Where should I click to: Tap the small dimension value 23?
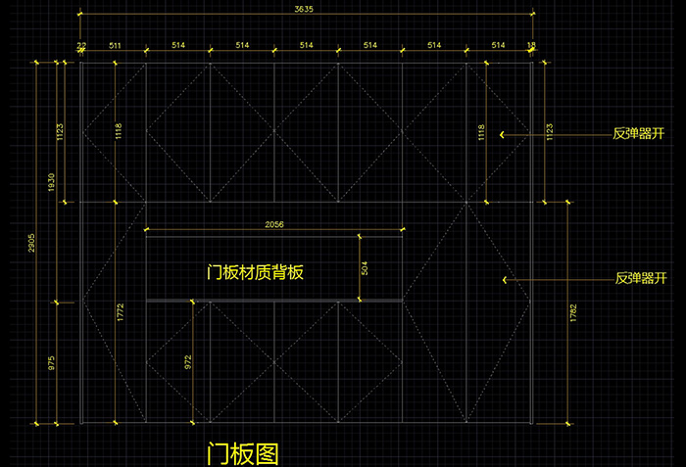click(81, 45)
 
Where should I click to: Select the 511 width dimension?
click(115, 45)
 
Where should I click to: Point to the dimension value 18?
click(531, 45)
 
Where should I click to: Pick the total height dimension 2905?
click(31, 243)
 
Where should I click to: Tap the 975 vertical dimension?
click(51, 361)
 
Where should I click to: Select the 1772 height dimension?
click(120, 312)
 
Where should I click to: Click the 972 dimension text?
click(188, 362)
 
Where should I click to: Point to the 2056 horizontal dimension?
click(274, 225)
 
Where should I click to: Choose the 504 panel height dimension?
click(365, 267)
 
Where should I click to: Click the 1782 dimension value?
click(573, 313)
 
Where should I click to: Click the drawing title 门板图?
click(242, 453)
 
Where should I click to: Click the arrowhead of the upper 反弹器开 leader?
click(503, 134)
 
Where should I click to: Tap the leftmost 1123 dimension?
click(60, 132)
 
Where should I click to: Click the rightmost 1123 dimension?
click(549, 132)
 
